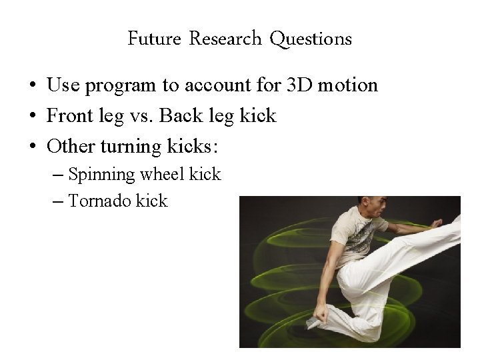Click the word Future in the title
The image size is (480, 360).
154,39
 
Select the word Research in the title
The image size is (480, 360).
225,39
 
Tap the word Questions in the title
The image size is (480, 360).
311,39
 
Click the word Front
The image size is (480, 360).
69,116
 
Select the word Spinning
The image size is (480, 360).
101,175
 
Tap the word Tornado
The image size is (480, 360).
99,201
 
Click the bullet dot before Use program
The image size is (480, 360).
32,86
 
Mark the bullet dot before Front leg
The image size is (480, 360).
32,117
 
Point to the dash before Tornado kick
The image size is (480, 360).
57,201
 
